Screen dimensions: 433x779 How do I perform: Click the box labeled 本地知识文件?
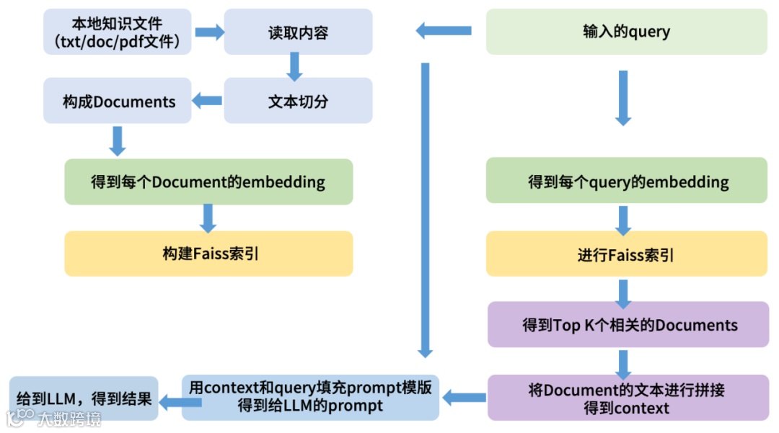(118, 32)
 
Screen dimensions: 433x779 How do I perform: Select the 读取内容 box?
(298, 32)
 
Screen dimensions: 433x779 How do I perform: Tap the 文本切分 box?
(298, 101)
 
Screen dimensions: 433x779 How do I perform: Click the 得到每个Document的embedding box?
(208, 182)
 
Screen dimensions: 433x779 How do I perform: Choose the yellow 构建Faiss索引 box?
(208, 254)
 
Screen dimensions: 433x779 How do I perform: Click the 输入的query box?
(626, 32)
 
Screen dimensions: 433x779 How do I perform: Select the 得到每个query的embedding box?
(626, 182)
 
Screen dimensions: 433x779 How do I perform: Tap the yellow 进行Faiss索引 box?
(626, 254)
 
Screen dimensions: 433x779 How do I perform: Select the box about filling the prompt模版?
(310, 396)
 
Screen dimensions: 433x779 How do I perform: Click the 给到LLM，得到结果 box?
(84, 398)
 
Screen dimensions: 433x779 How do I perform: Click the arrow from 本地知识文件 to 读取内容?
(209, 32)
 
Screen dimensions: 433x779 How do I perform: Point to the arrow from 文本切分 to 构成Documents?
(208, 101)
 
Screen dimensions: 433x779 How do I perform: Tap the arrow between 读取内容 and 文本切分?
(294, 67)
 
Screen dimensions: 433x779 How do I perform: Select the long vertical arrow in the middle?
(425, 209)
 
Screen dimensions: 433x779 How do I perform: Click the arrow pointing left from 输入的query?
(444, 31)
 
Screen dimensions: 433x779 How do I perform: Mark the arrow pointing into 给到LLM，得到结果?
(170, 403)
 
